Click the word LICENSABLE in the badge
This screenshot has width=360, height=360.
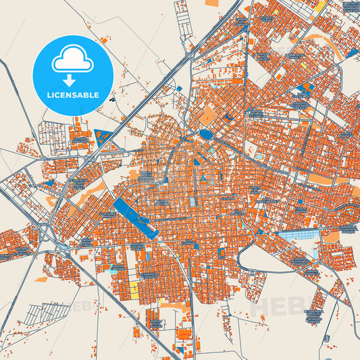(72, 95)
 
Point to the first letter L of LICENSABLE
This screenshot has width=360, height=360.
(47, 95)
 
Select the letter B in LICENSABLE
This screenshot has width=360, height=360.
(84, 95)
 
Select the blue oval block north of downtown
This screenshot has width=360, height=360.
(206, 134)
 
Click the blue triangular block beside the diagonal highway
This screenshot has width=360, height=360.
(104, 138)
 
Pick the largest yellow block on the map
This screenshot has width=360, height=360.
(133, 289)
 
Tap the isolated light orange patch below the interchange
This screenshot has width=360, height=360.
(42, 279)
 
